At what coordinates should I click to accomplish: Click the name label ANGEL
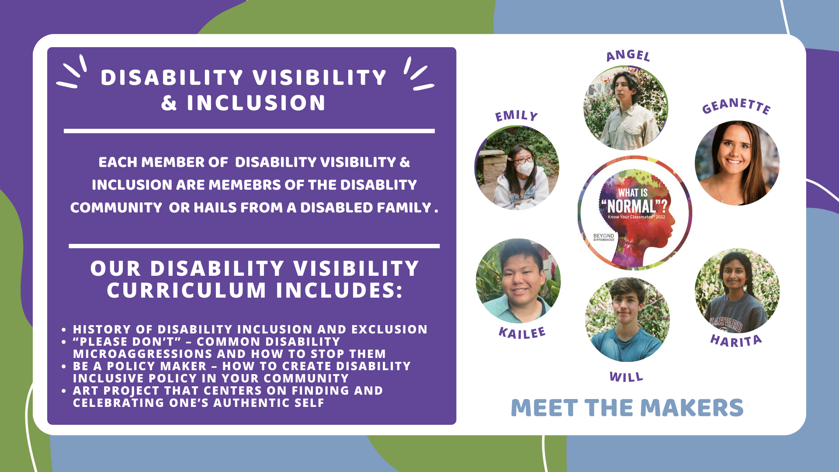[628, 55]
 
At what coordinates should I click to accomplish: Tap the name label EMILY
[516, 115]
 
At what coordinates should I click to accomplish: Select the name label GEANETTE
[736, 106]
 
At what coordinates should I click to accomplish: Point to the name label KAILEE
[522, 333]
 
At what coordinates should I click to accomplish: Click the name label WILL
[626, 377]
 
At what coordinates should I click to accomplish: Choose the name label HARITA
[736, 340]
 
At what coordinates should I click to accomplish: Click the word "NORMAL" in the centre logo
[632, 206]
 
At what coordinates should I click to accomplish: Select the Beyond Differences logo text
[603, 237]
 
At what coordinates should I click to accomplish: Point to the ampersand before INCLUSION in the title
[169, 103]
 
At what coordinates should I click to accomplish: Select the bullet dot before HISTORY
[64, 330]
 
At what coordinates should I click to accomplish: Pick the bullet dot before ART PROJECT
[64, 391]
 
